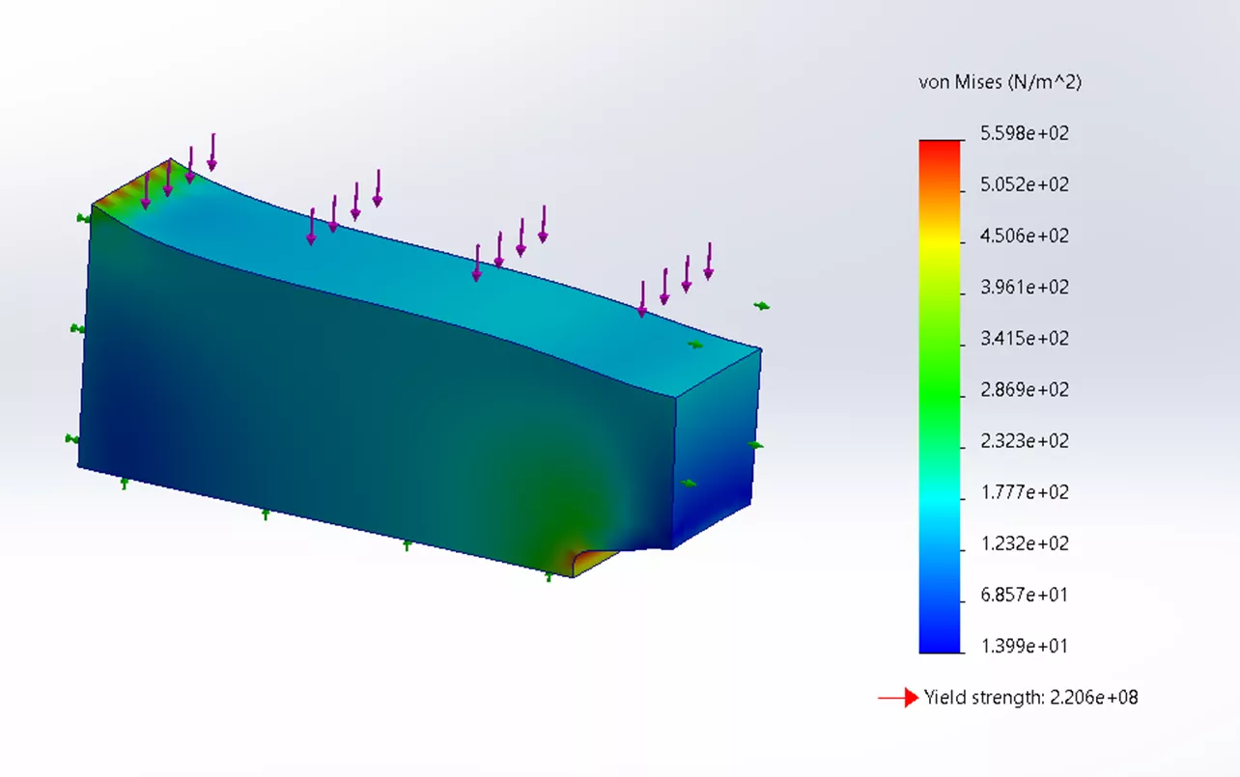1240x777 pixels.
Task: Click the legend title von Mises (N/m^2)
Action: pos(1000,82)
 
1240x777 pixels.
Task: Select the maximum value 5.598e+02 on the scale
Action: pos(1024,133)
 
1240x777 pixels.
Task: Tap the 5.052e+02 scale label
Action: pos(1024,185)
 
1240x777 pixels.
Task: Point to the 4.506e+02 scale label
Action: pos(1024,236)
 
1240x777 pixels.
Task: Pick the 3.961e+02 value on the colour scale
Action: pos(1024,288)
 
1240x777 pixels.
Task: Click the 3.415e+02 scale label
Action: pos(1024,339)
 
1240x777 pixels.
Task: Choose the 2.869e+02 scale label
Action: pos(1024,390)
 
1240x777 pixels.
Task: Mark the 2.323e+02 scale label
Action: pos(1024,441)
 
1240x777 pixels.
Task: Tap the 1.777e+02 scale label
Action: pos(1024,492)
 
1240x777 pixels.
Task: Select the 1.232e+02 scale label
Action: pos(1024,543)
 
